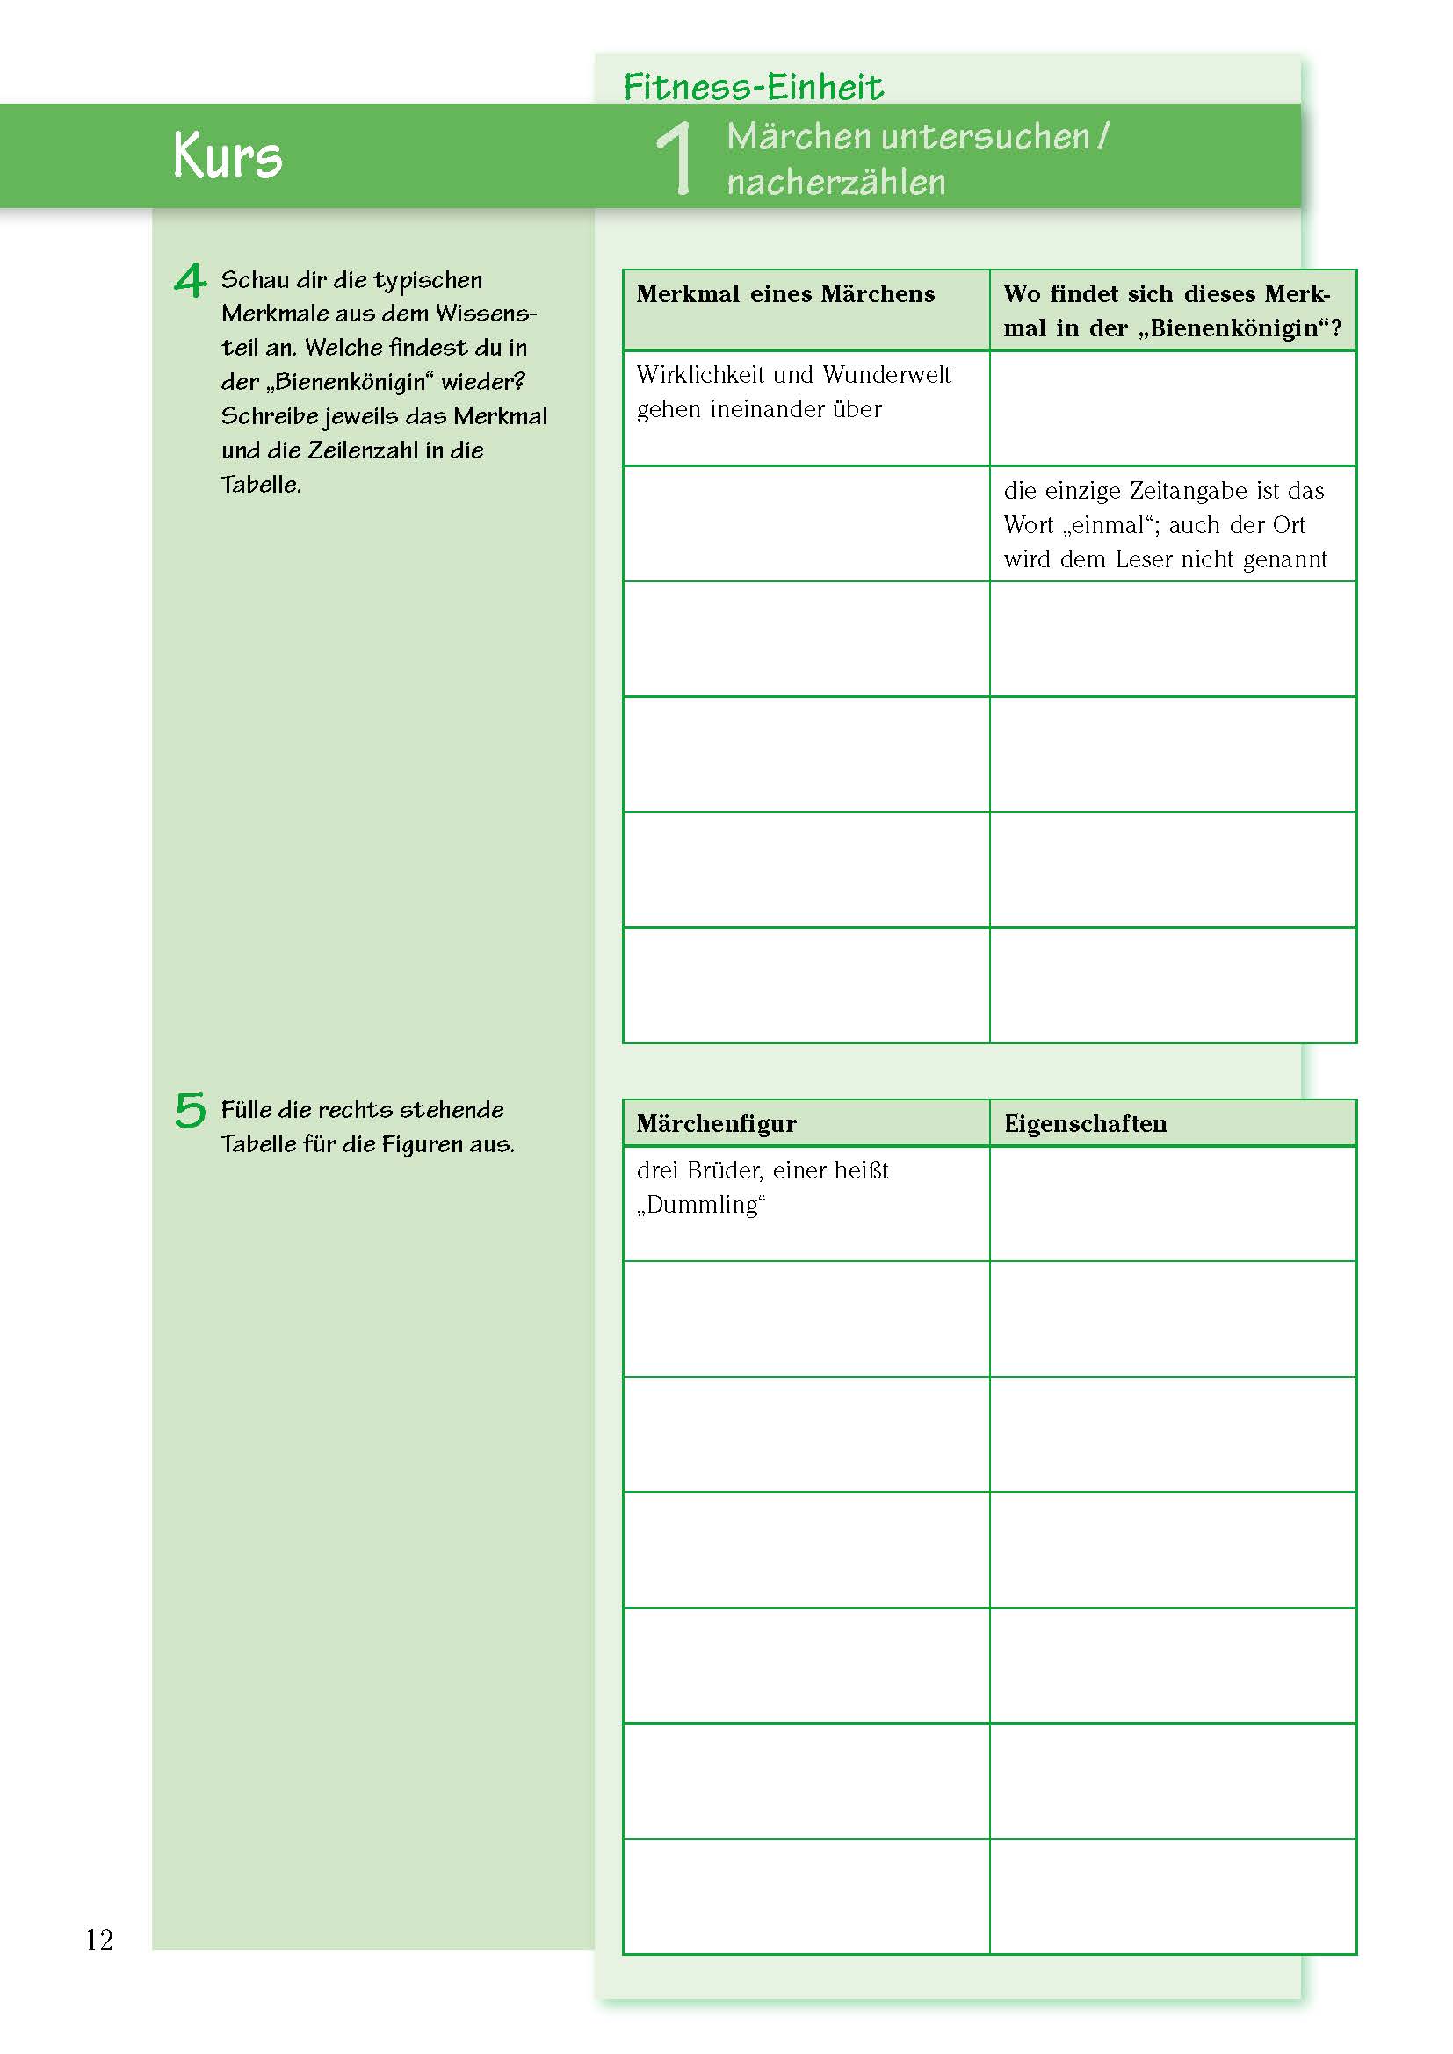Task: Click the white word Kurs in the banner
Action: pyautogui.click(x=228, y=156)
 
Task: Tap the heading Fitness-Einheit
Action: pyautogui.click(x=753, y=87)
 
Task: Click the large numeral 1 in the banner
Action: pyautogui.click(x=675, y=157)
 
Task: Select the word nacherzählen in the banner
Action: pyautogui.click(x=835, y=183)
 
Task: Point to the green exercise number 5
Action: pyautogui.click(x=190, y=1110)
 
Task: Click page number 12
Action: pyautogui.click(x=99, y=1940)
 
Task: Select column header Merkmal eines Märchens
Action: pyautogui.click(x=784, y=294)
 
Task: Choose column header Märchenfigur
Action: pyautogui.click(x=716, y=1124)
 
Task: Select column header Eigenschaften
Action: pyautogui.click(x=1084, y=1124)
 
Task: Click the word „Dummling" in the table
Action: pyautogui.click(x=700, y=1205)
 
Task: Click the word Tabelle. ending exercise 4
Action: pyautogui.click(x=260, y=485)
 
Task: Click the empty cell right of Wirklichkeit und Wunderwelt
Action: pyautogui.click(x=1172, y=408)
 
